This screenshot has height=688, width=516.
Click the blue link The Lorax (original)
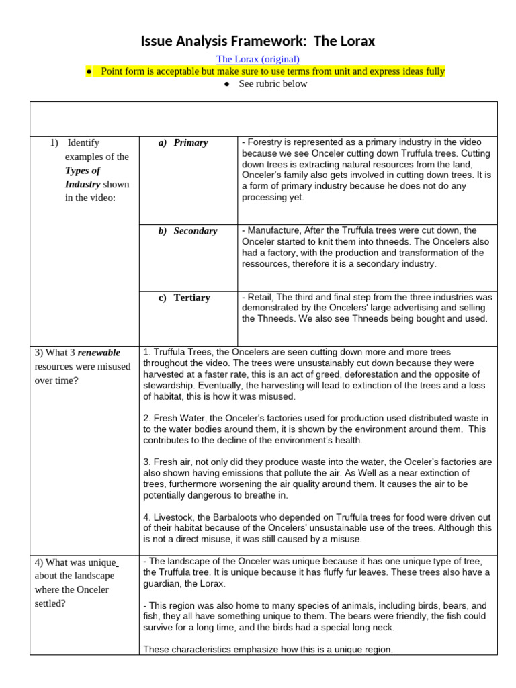pos(257,59)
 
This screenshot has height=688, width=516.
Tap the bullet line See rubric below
pos(273,84)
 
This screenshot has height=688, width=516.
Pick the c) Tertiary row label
pos(185,298)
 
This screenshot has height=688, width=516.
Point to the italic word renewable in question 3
pos(99,353)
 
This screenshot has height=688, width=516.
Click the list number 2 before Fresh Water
pos(146,418)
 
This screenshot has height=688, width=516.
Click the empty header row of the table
pos(263,119)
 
